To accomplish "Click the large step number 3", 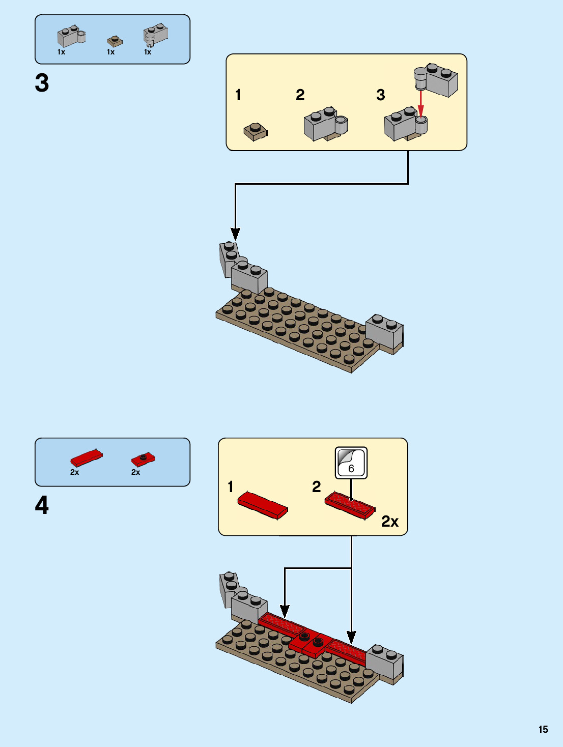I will (42, 83).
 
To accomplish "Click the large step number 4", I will (42, 505).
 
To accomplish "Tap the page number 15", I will (543, 729).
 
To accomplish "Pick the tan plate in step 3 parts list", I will (115, 41).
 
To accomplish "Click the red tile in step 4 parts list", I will (86, 458).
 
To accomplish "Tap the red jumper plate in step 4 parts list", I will (143, 459).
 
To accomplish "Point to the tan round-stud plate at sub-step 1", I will (256, 131).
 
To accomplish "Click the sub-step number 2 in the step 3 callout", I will (300, 95).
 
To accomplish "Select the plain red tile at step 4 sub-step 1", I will (263, 505).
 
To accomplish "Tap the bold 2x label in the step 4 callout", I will (390, 522).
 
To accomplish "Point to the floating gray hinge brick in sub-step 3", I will (437, 80).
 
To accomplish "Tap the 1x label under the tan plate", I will (110, 52).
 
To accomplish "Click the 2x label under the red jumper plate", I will (135, 472).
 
